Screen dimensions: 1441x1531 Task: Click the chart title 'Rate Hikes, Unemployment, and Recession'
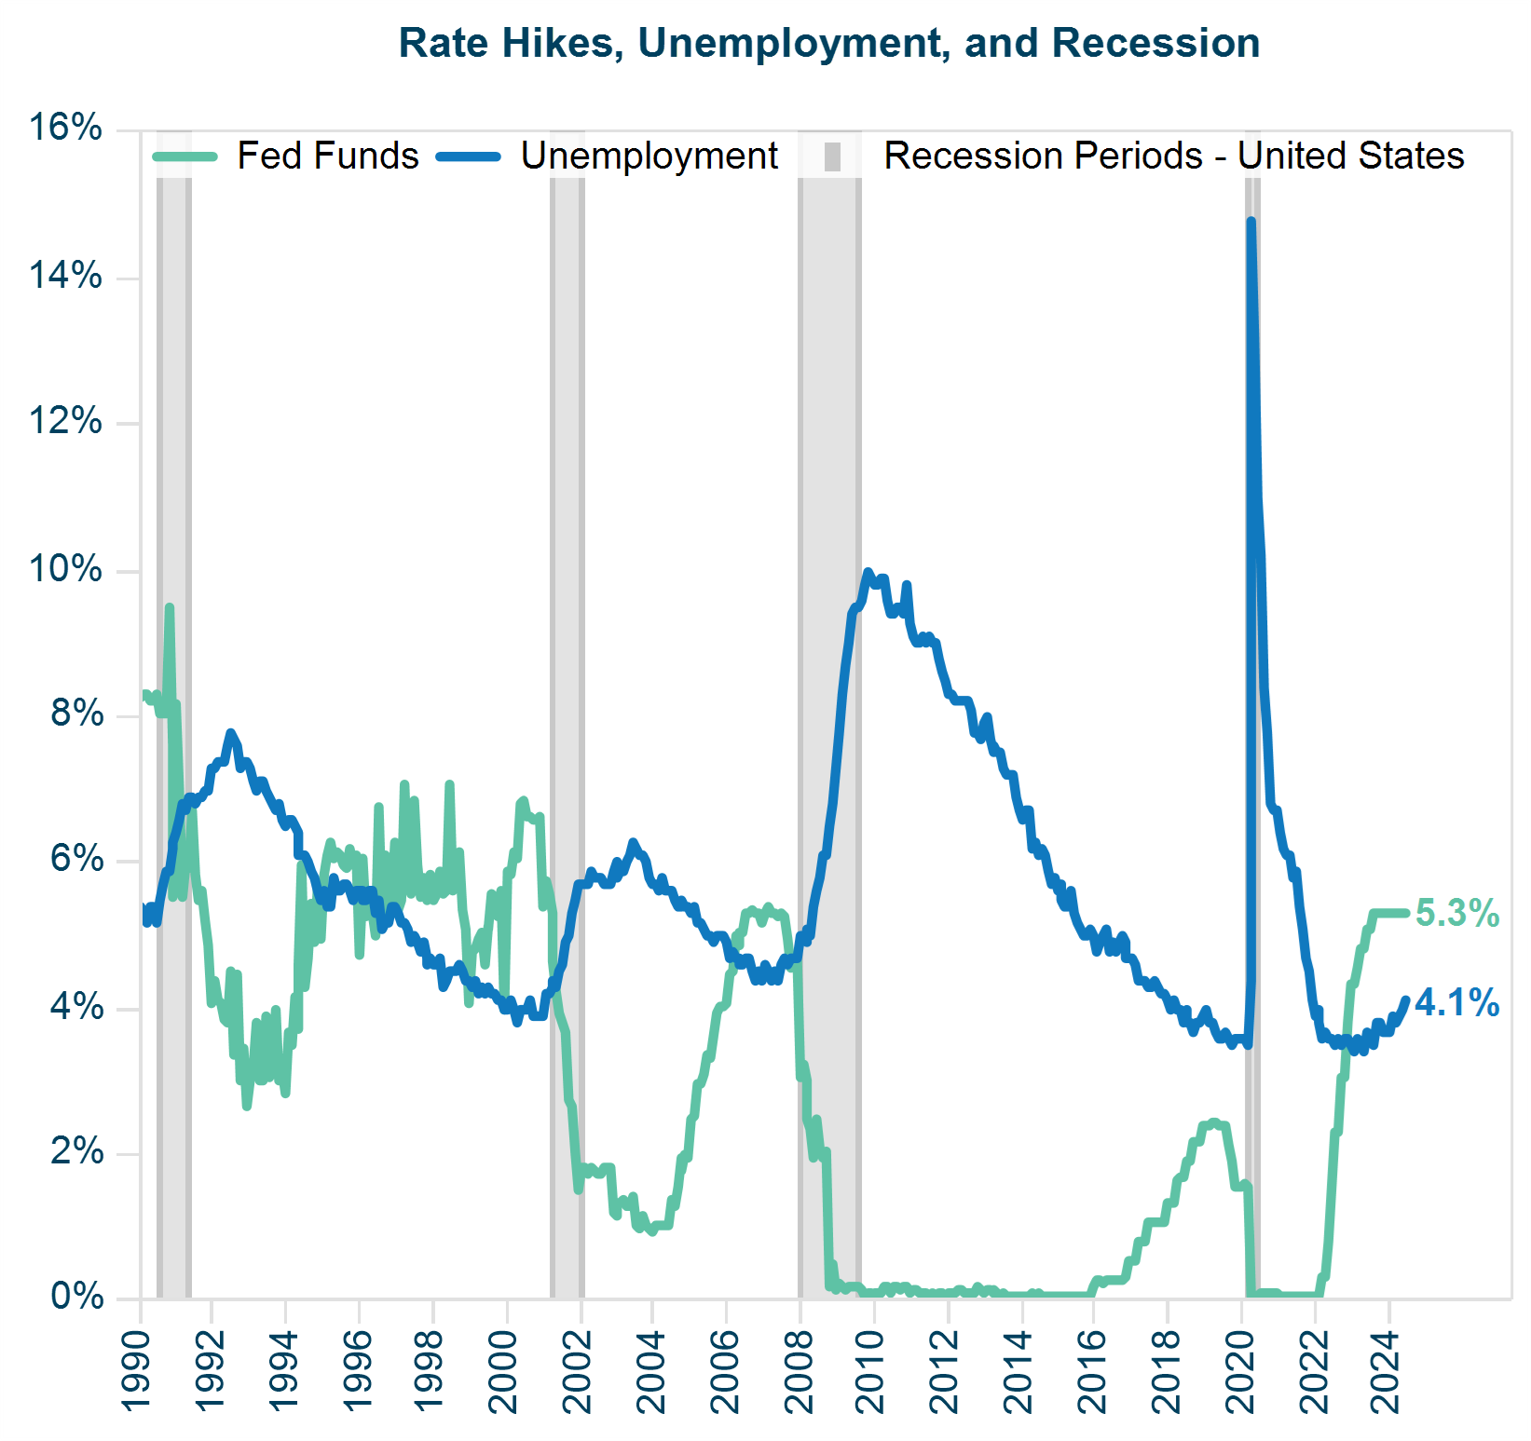[829, 44]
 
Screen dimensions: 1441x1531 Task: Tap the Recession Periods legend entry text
[1173, 156]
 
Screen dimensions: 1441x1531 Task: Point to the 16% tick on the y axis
[65, 128]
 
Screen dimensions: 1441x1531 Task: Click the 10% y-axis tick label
[65, 568]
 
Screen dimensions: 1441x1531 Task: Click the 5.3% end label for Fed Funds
[1456, 913]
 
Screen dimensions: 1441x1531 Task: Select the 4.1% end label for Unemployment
[1456, 1002]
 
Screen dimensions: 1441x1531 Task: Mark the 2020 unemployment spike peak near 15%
[1251, 223]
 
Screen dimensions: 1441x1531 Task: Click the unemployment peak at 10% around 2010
[868, 572]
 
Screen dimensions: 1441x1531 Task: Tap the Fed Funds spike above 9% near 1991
[170, 607]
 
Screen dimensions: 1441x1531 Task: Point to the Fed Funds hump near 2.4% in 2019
[1213, 1123]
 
